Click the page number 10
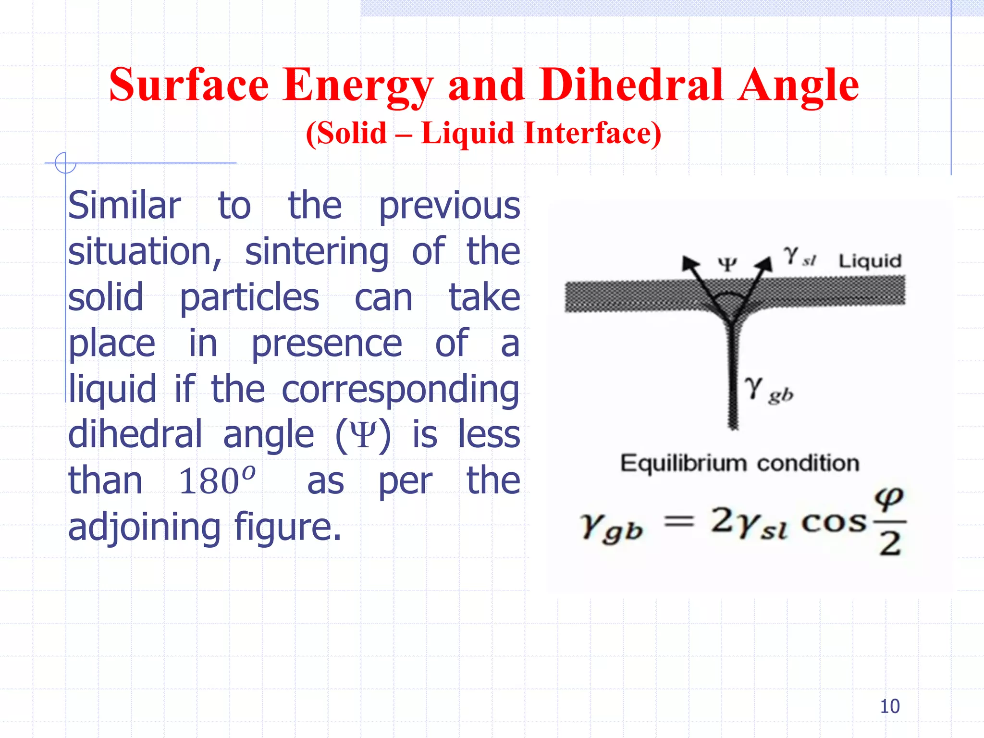tap(889, 706)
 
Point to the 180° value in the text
tap(217, 481)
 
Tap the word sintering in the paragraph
tap(317, 252)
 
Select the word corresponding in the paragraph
tap(400, 390)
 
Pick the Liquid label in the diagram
tap(870, 261)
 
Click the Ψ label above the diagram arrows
tap(727, 264)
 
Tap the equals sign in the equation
tap(678, 522)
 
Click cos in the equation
tap(834, 523)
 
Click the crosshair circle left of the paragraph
tap(65, 163)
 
